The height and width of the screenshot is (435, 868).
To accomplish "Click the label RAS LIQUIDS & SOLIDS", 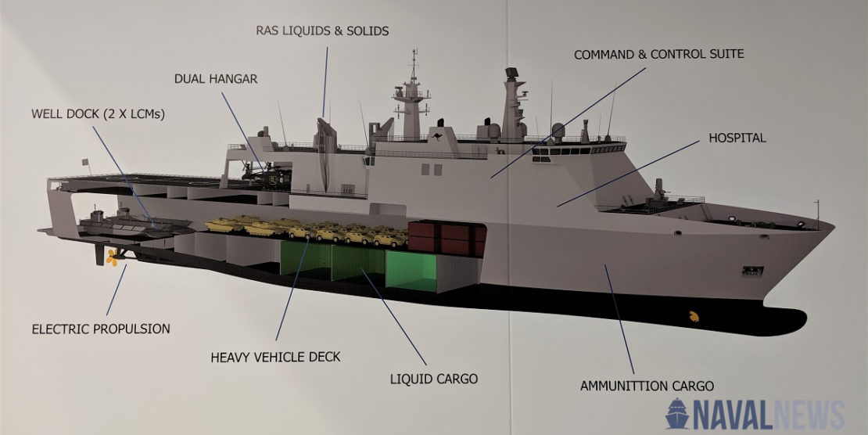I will (322, 31).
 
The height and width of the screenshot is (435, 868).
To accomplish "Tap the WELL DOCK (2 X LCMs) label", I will (98, 113).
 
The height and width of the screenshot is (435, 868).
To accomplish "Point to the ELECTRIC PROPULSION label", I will (101, 329).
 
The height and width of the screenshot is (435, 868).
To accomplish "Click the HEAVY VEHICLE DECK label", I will (275, 358).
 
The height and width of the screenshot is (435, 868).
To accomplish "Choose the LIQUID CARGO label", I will (433, 379).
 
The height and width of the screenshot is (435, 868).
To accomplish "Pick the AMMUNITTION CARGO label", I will (647, 386).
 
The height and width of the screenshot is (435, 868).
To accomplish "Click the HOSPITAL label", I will (737, 138).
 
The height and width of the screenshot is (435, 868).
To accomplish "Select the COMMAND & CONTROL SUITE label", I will (658, 55).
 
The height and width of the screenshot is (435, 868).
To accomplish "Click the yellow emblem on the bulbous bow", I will (692, 317).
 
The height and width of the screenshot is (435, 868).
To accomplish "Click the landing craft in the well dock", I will (133, 224).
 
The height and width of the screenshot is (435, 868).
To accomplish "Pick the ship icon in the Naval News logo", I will (677, 412).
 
